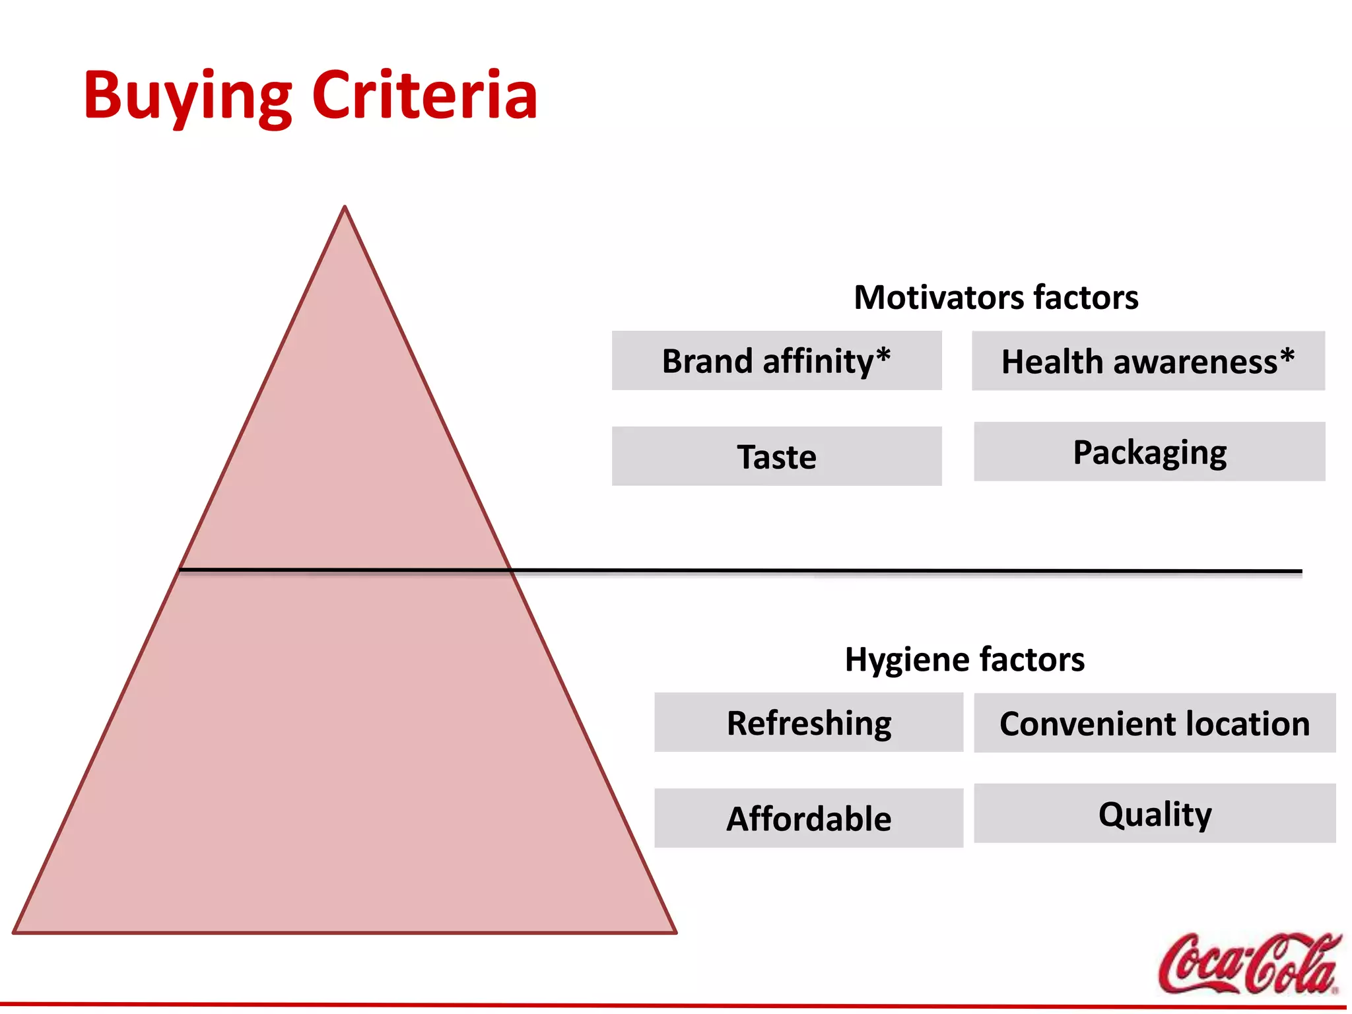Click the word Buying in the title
pyautogui.click(x=187, y=96)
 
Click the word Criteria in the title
pyautogui.click(x=424, y=96)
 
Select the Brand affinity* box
pyautogui.click(x=776, y=360)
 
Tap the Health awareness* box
pyautogui.click(x=1147, y=361)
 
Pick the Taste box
pyautogui.click(x=776, y=456)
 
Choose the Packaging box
pyautogui.click(x=1149, y=452)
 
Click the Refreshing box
pyautogui.click(x=809, y=722)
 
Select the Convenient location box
pyautogui.click(x=1154, y=723)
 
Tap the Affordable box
pyautogui.click(x=809, y=818)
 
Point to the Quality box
pyautogui.click(x=1154, y=813)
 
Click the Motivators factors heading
pyautogui.click(x=996, y=297)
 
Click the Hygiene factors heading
pyautogui.click(x=964, y=659)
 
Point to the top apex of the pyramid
pyautogui.click(x=345, y=207)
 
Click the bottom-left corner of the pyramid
pyautogui.click(x=15, y=932)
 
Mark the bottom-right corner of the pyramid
pyautogui.click(x=675, y=932)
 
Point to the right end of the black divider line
pyautogui.click(x=1301, y=571)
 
